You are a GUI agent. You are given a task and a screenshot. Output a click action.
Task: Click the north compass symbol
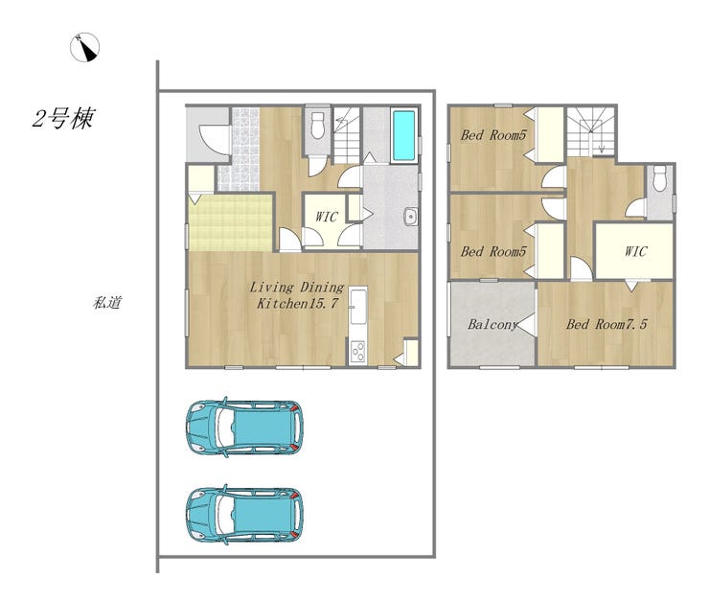(x=84, y=48)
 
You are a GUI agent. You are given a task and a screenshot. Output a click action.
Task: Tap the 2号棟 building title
(x=63, y=119)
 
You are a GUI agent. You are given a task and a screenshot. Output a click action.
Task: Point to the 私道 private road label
(x=107, y=303)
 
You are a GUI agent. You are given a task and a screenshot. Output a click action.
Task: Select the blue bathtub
(x=403, y=135)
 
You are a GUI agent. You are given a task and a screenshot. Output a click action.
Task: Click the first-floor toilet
(x=318, y=126)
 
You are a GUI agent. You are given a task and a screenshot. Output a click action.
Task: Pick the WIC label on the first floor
(x=326, y=217)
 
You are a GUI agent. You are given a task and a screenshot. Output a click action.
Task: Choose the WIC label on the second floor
(x=635, y=251)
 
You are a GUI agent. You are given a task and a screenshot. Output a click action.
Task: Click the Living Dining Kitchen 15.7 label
(x=297, y=295)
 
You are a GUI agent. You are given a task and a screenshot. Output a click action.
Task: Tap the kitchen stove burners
(x=358, y=351)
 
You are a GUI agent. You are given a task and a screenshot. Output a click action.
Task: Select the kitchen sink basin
(x=358, y=307)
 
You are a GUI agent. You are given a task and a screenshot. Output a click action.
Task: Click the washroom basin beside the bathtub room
(x=411, y=217)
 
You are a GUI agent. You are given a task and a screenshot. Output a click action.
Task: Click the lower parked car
(x=244, y=514)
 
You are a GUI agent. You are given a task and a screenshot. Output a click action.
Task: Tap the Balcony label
(x=492, y=324)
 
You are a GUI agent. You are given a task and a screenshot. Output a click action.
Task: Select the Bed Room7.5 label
(x=606, y=324)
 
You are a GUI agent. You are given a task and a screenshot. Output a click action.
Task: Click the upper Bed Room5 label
(x=493, y=135)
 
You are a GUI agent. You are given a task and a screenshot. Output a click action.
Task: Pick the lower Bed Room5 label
(x=493, y=251)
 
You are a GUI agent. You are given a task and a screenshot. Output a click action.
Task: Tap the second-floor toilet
(x=660, y=177)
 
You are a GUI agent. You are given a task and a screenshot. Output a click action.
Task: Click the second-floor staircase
(x=591, y=131)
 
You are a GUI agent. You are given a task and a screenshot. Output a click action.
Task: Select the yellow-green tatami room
(x=231, y=223)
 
